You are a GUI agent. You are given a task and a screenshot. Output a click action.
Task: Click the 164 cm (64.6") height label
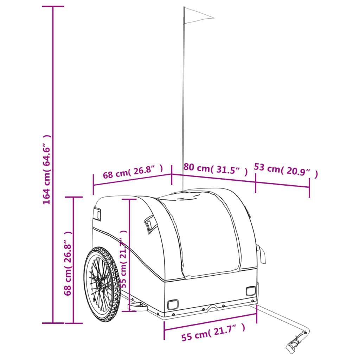coord(47,169)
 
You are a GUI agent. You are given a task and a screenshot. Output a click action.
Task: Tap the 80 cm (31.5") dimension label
coord(216,169)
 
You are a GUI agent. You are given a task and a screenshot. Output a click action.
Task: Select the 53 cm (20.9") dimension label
coord(286,170)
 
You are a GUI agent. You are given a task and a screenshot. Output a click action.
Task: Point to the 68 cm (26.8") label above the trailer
coord(133,172)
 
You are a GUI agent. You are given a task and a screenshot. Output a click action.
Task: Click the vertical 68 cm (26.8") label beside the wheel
coord(68,263)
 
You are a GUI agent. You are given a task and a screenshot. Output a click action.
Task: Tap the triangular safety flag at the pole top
coord(199,15)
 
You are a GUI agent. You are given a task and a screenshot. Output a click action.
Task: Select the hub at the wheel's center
coord(99,285)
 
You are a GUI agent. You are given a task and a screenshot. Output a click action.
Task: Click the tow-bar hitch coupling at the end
coord(296,342)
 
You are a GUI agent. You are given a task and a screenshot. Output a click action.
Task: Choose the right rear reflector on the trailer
coord(251,291)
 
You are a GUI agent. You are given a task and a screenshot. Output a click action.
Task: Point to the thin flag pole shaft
coord(183,99)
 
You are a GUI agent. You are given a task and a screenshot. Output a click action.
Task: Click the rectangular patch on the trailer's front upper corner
coord(97,214)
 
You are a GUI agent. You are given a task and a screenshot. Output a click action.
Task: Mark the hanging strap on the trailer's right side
coord(261,255)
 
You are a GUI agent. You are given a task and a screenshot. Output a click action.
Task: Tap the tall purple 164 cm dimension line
coord(53,165)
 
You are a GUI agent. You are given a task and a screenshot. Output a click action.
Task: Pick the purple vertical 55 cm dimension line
coord(129,255)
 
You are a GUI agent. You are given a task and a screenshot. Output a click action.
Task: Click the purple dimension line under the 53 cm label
coord(282,184)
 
